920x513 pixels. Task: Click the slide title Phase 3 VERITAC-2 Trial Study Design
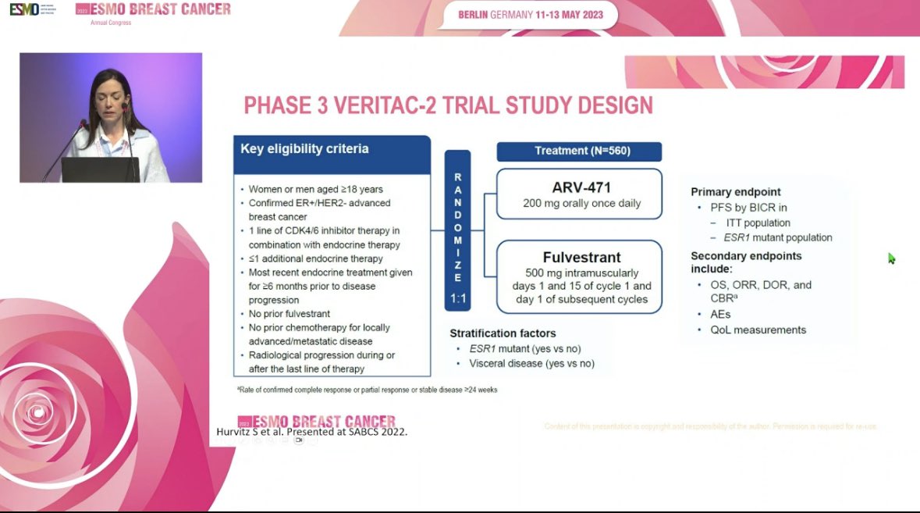[x=448, y=105]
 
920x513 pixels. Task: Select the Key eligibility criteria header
[x=304, y=148]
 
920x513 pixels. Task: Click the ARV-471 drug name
[x=581, y=187]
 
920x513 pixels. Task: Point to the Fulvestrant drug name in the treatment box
[x=581, y=257]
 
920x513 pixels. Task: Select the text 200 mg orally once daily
[x=581, y=204]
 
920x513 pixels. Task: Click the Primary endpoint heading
[x=736, y=191]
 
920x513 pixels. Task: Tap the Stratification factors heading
[x=503, y=333]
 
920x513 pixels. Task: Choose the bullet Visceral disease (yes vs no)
[x=531, y=363]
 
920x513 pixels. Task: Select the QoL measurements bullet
[x=758, y=330]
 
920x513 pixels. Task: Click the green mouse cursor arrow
[x=891, y=258]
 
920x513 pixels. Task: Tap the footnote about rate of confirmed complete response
[x=367, y=390]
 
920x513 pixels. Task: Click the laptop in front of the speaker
[x=100, y=169]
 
